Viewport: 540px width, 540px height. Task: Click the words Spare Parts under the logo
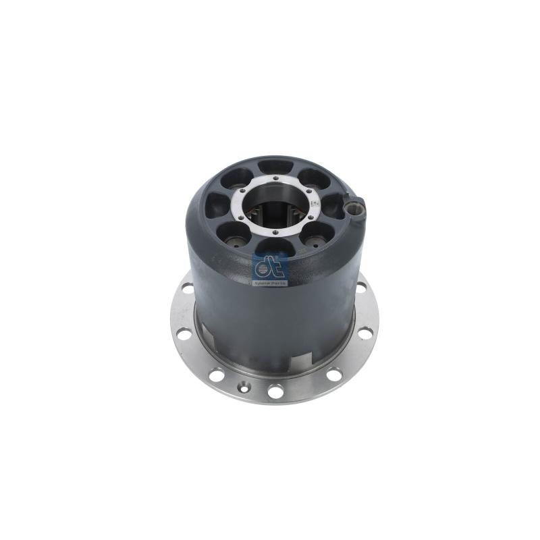tap(270, 283)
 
